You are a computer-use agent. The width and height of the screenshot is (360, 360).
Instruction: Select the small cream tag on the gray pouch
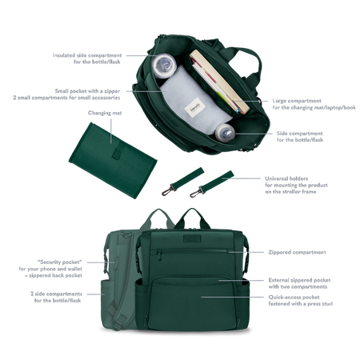[194, 106]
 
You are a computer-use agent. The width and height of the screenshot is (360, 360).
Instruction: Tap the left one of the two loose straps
[172, 184]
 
